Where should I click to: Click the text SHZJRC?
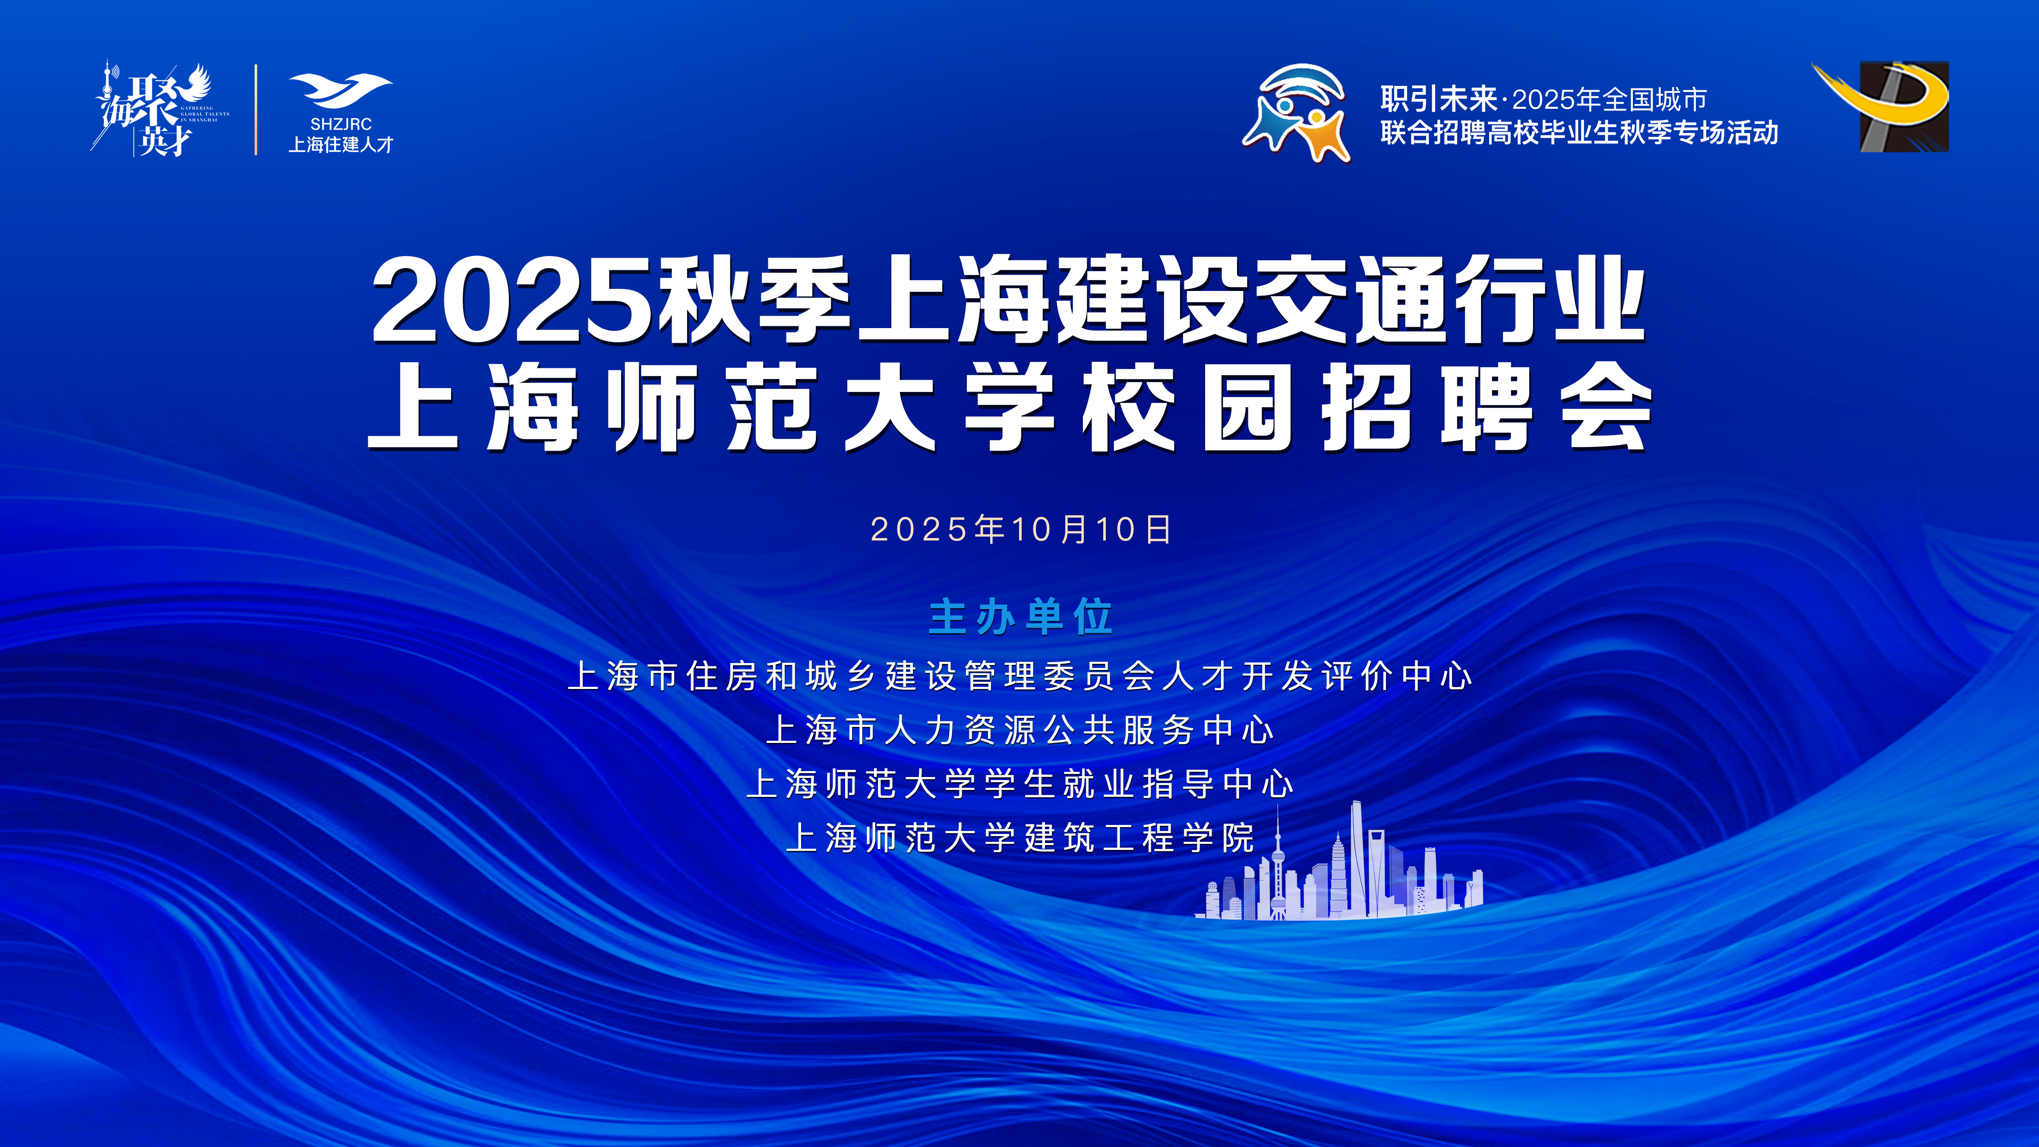[x=341, y=124]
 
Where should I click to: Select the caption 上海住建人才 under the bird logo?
[x=341, y=145]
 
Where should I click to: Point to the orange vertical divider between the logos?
[x=256, y=109]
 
